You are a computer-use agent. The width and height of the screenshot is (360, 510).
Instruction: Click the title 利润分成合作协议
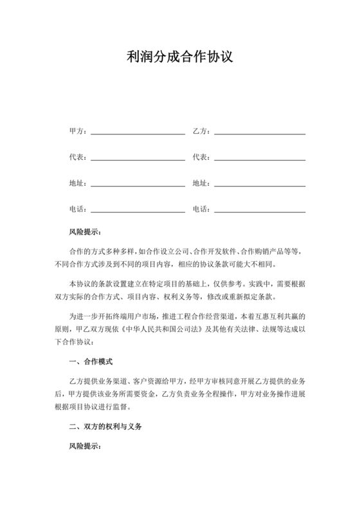pos(179,57)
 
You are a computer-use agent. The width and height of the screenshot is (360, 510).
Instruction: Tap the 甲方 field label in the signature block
pos(76,131)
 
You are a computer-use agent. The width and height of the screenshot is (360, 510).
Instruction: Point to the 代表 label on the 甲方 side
pos(76,158)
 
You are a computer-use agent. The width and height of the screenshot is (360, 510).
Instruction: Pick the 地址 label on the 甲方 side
pos(76,183)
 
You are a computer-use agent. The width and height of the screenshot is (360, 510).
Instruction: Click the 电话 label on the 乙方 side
pos(201,209)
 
